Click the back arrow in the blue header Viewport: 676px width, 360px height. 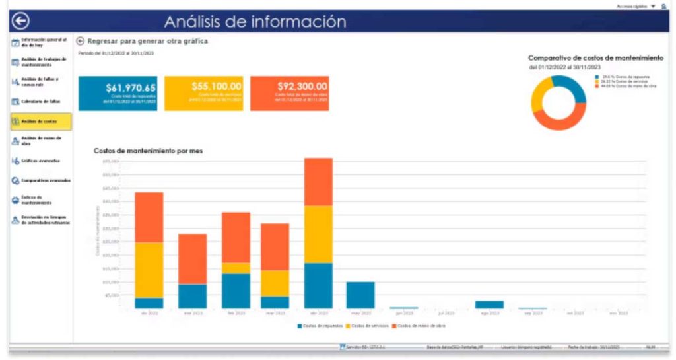(20, 22)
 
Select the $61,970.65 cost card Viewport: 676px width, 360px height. (118, 93)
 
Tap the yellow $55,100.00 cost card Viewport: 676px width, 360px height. (203, 93)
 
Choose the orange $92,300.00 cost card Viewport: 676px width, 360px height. (289, 93)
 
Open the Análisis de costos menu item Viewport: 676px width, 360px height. (41, 122)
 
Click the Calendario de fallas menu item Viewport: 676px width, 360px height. (41, 102)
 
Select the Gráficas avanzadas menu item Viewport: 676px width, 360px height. (41, 161)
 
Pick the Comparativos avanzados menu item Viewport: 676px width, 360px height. (41, 180)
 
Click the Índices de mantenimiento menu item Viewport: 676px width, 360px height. (41, 199)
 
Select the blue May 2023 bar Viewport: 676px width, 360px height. (360, 295)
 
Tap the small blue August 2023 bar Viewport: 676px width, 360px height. (489, 305)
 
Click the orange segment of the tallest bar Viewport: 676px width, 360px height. (318, 182)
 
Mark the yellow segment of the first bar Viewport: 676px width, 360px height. (149, 270)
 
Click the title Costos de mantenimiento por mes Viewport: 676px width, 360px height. (148, 151)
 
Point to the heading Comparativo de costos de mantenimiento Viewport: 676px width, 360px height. (595, 58)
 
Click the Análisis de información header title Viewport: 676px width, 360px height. (255, 22)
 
